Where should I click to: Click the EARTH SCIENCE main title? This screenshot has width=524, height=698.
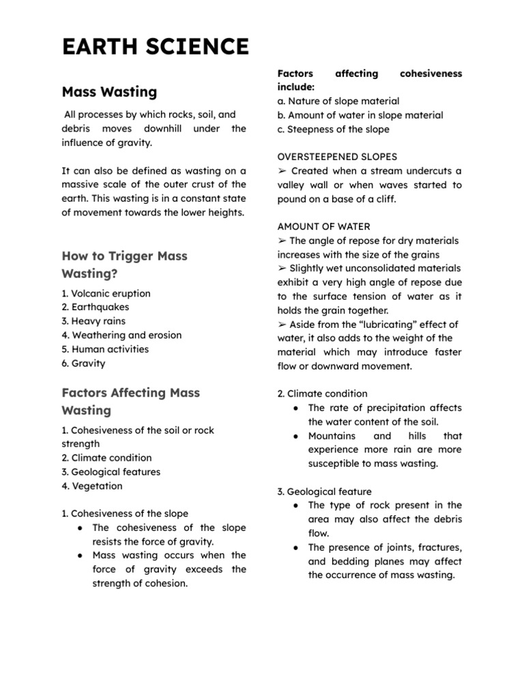pos(155,46)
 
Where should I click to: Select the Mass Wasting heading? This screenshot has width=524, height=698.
pos(109,91)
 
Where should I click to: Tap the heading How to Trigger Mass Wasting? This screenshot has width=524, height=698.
pos(124,264)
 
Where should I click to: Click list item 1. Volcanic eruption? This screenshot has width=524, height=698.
pos(106,293)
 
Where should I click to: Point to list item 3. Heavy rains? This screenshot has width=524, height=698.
pos(93,321)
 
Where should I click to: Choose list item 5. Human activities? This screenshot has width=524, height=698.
pos(105,349)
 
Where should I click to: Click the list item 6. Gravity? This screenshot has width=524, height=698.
pos(83,363)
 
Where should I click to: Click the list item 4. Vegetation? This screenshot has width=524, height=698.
pos(92,486)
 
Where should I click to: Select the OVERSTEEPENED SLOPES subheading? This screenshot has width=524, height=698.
pos(337,157)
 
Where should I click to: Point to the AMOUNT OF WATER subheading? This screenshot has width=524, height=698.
pos(323,226)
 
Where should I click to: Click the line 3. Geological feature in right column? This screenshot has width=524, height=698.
pos(324,491)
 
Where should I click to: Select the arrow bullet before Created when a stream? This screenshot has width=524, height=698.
pos(282,171)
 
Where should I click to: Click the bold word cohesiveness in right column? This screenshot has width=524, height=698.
pos(431,73)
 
